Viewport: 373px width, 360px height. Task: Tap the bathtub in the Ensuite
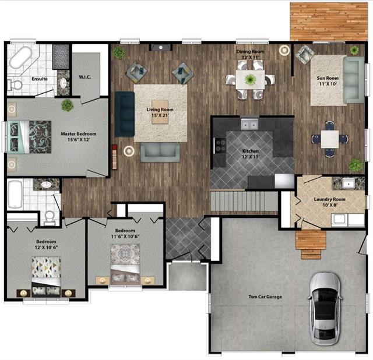(20, 57)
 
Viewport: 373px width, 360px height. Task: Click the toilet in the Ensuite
(15, 85)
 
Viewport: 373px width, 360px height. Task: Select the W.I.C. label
(85, 77)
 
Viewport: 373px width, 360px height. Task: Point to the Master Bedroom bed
(29, 137)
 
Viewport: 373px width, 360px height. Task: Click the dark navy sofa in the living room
(125, 114)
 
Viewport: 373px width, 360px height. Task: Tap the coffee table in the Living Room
(160, 112)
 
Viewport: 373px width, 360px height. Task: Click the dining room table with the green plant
(250, 79)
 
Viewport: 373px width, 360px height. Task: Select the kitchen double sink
(249, 124)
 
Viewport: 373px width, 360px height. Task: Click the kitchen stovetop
(220, 145)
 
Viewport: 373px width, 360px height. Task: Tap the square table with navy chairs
(330, 139)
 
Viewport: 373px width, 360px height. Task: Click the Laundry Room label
(329, 199)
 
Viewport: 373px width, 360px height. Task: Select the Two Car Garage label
(265, 297)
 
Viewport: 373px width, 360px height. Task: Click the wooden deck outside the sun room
(329, 22)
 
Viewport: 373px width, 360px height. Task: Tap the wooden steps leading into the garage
(311, 245)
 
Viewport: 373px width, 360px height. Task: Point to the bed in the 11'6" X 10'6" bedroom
(125, 264)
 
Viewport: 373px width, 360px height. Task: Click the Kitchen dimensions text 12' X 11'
(251, 157)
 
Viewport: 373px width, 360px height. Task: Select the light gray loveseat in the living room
(160, 153)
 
